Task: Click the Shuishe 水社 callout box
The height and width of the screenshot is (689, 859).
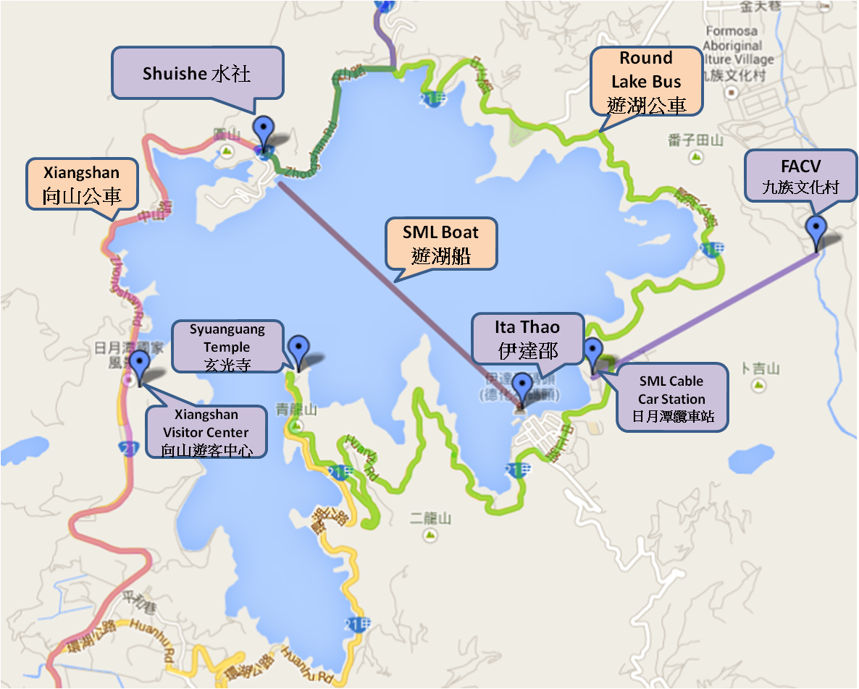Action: pyautogui.click(x=196, y=73)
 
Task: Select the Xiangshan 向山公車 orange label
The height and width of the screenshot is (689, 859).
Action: pyautogui.click(x=82, y=184)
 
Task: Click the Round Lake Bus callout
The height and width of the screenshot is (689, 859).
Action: pyautogui.click(x=646, y=81)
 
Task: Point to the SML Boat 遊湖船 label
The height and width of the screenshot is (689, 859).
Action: pyautogui.click(x=441, y=243)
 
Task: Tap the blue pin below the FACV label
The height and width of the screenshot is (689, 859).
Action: pyautogui.click(x=816, y=231)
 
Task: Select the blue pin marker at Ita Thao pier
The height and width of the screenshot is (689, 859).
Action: pyautogui.click(x=521, y=389)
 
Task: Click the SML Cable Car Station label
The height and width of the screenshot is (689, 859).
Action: pyautogui.click(x=671, y=399)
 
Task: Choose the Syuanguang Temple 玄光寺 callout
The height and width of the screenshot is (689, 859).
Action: pyautogui.click(x=227, y=347)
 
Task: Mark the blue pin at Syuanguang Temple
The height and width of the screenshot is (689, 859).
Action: pyautogui.click(x=298, y=351)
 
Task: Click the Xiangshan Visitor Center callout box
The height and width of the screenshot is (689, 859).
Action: pyautogui.click(x=206, y=432)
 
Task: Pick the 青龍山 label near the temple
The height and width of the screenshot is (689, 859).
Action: pyautogui.click(x=296, y=410)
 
